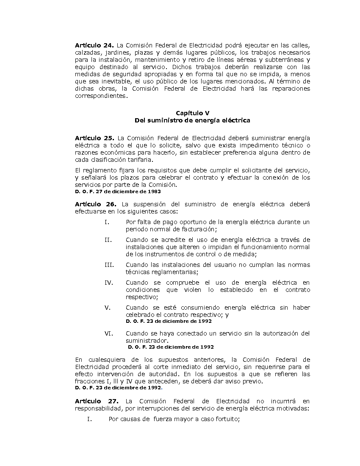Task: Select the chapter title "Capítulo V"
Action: (x=192, y=113)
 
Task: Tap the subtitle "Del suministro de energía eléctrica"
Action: (x=192, y=120)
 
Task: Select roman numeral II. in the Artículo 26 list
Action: (x=108, y=240)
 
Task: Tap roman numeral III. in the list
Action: (x=109, y=265)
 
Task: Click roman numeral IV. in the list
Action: (x=109, y=283)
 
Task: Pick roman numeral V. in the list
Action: (x=107, y=308)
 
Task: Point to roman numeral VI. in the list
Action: (x=109, y=333)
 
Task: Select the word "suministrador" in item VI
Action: (x=147, y=341)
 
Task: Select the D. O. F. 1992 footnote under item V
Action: (x=169, y=321)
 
